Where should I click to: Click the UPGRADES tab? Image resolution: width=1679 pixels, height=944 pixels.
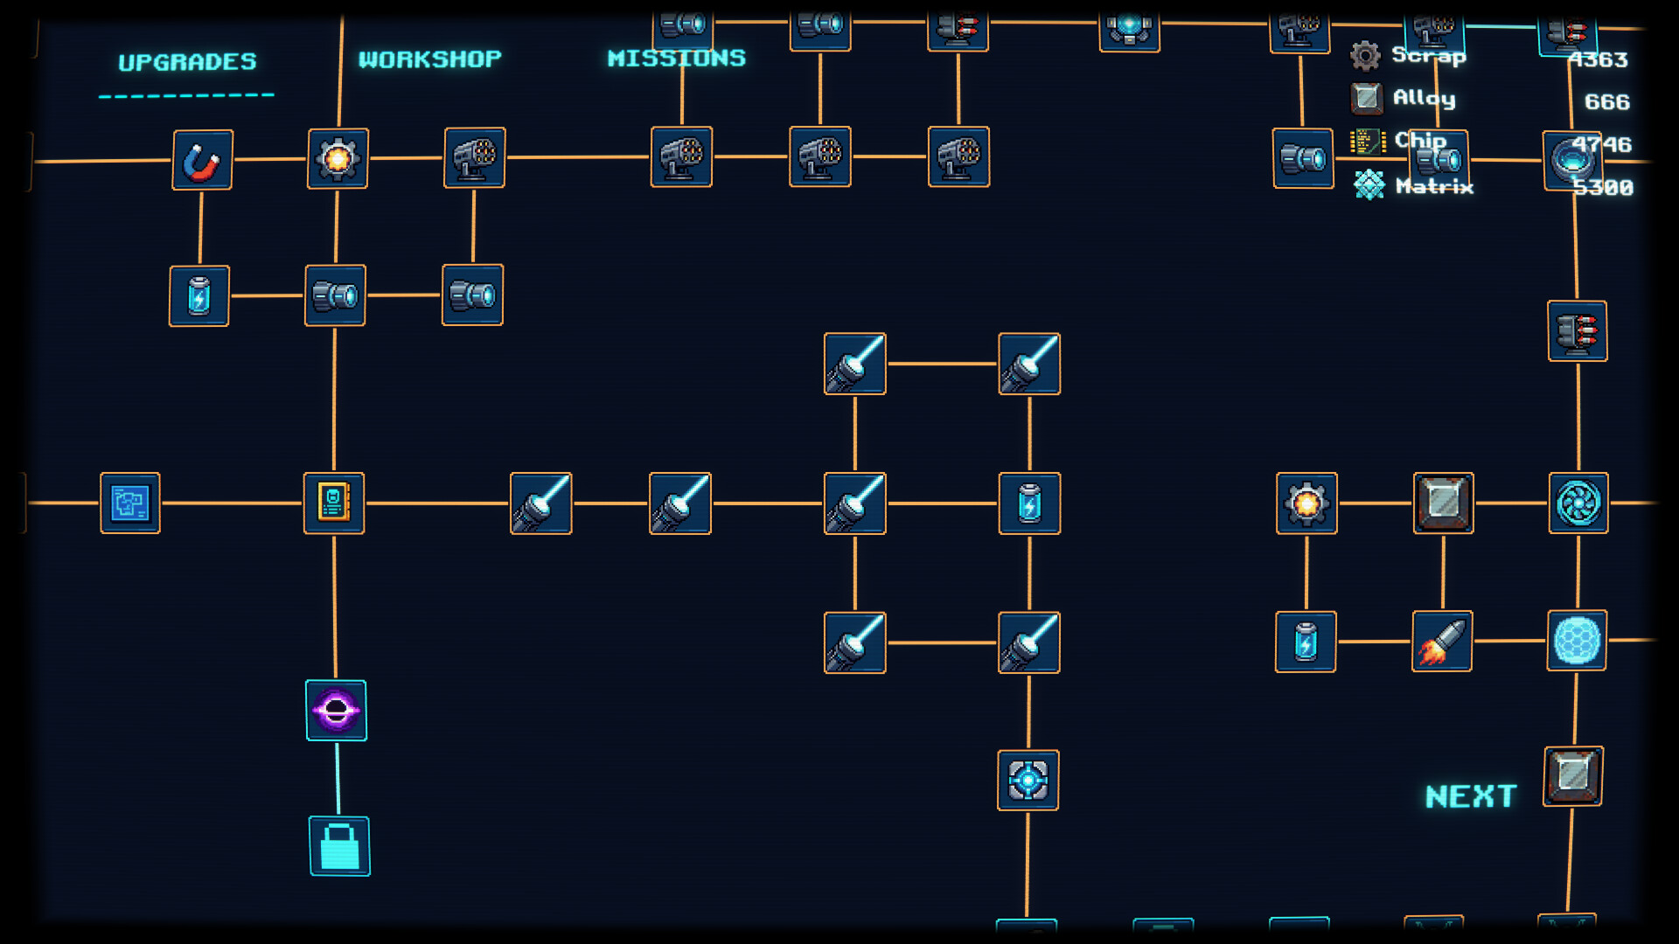point(187,62)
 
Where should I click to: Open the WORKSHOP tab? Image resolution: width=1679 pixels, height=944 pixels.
point(429,59)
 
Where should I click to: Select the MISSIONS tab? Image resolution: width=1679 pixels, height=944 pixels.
point(676,58)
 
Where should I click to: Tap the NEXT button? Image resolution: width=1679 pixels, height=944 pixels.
point(1471,796)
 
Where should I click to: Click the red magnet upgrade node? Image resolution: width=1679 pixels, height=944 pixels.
point(202,160)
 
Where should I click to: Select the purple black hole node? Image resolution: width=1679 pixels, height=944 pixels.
point(337,711)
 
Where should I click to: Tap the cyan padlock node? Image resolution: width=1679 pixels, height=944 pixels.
point(339,846)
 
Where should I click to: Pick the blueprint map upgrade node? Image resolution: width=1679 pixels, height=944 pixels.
point(130,503)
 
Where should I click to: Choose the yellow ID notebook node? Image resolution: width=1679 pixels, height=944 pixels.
point(334,503)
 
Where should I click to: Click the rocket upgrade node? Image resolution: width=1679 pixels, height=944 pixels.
point(1442,642)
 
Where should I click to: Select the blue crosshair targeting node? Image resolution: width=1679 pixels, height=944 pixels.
point(1028,781)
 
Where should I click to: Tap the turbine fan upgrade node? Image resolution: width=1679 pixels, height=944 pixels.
point(1578,503)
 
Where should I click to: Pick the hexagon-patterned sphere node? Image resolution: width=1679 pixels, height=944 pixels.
point(1577,641)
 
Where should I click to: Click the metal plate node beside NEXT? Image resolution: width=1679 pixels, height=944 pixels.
point(1573,776)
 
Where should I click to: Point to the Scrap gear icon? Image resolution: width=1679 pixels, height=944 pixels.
point(1365,56)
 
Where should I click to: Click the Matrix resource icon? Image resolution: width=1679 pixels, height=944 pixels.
point(1369,184)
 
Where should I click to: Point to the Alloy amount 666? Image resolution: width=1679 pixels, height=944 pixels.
point(1606,102)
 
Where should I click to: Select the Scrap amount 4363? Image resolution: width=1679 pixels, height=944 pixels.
point(1598,59)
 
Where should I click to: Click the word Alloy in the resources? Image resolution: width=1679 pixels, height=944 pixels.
point(1424,98)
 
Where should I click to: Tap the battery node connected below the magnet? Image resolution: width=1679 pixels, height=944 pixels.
point(199,296)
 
